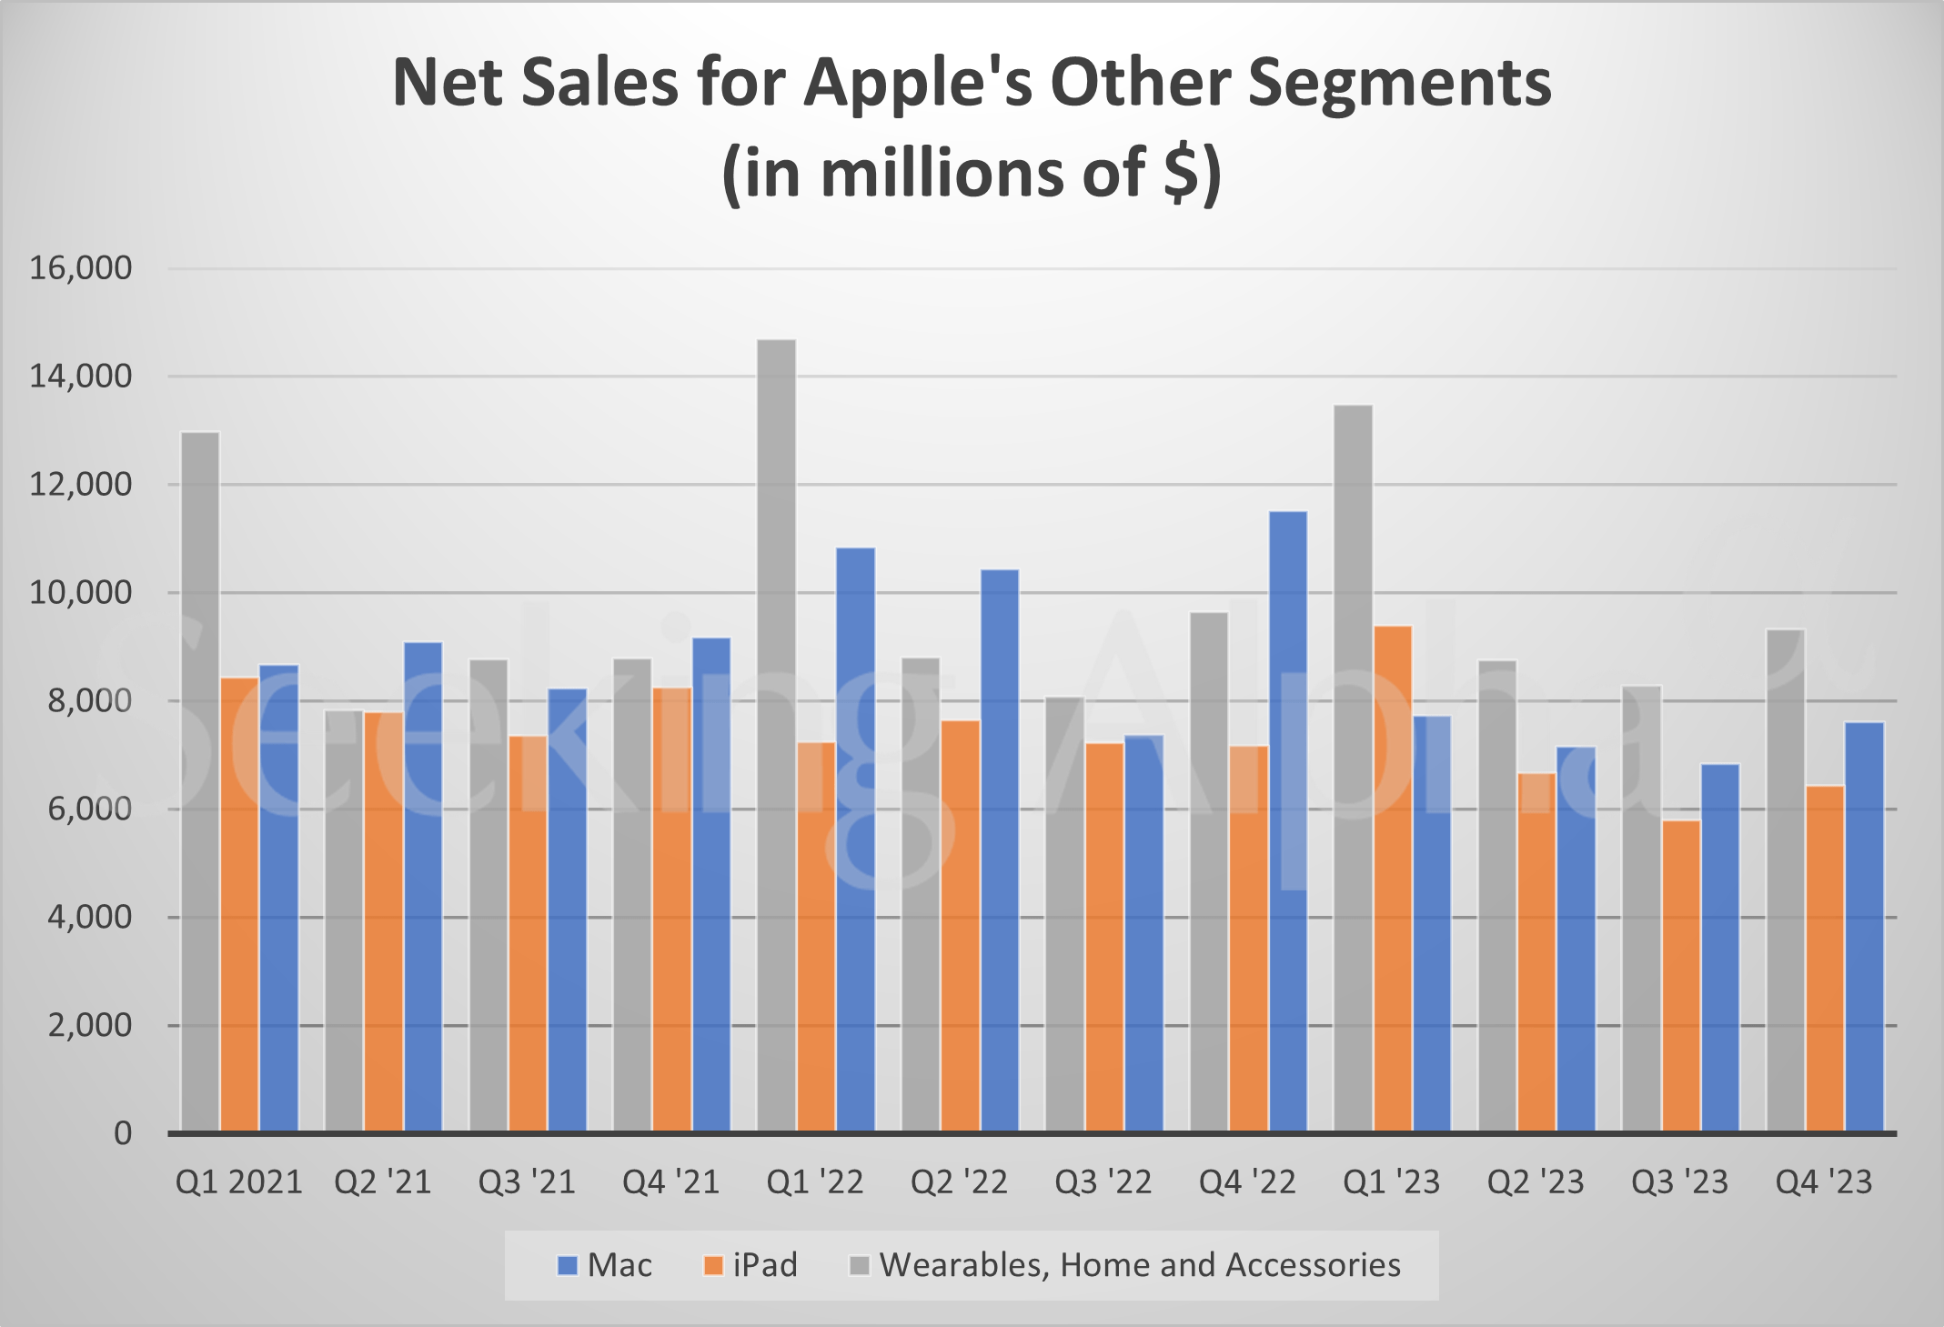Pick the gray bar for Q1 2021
click(x=200, y=781)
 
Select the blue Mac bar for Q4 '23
click(x=1864, y=927)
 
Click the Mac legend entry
click(x=605, y=1265)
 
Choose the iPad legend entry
click(x=751, y=1265)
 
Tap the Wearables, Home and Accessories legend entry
click(x=1125, y=1265)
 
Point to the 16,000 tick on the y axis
click(x=81, y=268)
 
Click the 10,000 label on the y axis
click(x=81, y=593)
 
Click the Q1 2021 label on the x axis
click(x=238, y=1182)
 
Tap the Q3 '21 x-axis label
click(x=527, y=1182)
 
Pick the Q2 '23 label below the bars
click(x=1536, y=1182)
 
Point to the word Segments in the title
click(x=1398, y=84)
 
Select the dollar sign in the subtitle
click(x=1181, y=173)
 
